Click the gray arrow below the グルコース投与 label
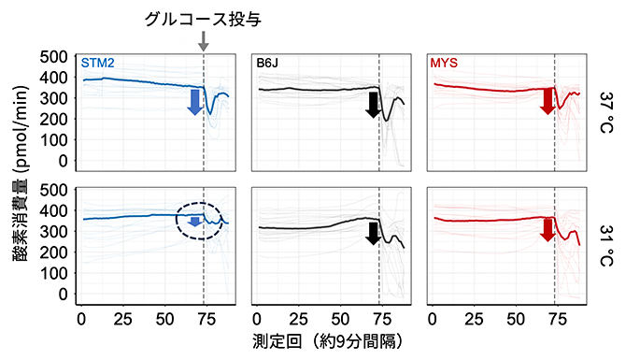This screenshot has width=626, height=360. tap(204, 42)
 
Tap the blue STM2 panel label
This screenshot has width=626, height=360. tap(99, 64)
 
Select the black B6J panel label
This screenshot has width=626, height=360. tap(269, 64)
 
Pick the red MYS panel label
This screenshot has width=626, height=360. tap(446, 64)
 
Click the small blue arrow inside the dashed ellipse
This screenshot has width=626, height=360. tap(194, 222)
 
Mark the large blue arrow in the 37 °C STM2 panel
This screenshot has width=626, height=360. tap(194, 101)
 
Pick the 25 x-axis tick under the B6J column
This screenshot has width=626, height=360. tap(296, 317)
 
